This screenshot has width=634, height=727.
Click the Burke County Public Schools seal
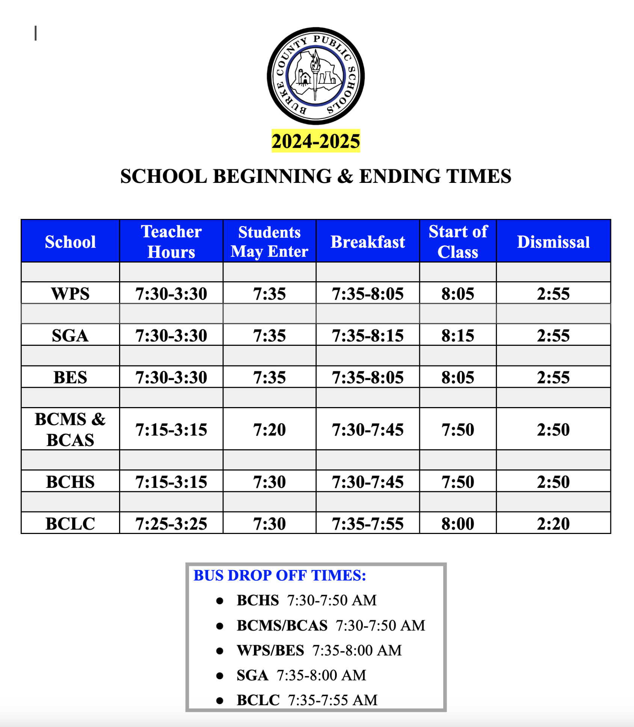point(315,76)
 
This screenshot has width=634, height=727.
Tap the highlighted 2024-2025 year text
point(315,141)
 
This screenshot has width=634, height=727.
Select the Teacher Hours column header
point(171,241)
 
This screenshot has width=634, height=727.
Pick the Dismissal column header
point(553,242)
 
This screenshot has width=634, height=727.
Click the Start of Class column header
point(458,241)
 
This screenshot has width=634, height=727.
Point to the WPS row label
point(70,294)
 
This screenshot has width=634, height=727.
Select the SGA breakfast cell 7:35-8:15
point(368,335)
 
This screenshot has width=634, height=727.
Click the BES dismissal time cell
point(553,377)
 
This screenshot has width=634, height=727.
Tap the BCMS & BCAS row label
point(70,429)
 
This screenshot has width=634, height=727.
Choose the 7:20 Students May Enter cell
point(269,430)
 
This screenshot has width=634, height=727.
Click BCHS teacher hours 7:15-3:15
point(171,482)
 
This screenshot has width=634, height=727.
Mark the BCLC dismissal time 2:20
point(553,523)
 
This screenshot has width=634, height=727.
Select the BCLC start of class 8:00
point(458,523)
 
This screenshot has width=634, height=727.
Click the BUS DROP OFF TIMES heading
point(279,575)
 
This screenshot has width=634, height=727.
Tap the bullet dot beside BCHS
point(220,601)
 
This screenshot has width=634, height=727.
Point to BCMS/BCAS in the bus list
point(282,626)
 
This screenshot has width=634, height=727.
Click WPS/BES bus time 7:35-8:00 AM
point(357,650)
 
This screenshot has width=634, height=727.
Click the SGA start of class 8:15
point(458,335)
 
